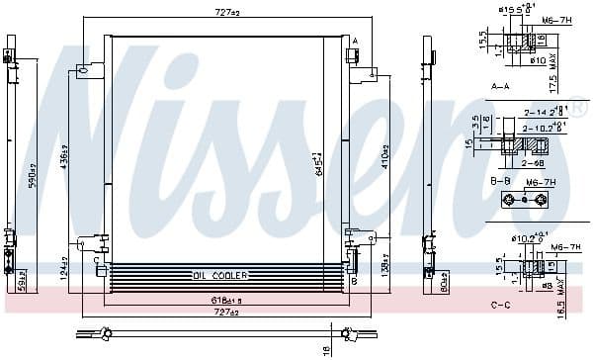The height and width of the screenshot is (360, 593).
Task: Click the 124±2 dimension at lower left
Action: (63, 268)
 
